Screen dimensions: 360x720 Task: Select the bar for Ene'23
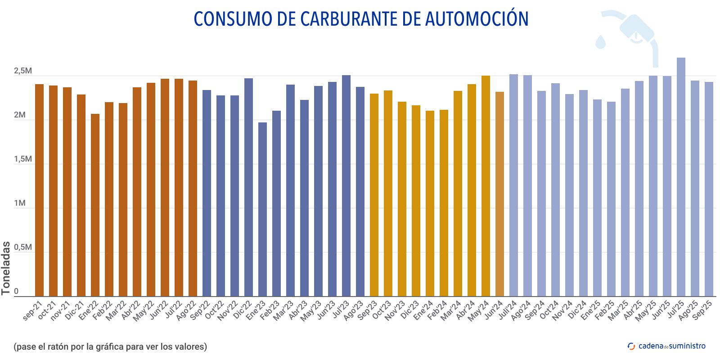pos(262,209)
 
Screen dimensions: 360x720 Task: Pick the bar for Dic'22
pos(248,187)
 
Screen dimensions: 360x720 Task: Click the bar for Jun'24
pos(499,193)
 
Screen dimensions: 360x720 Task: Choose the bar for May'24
pos(486,185)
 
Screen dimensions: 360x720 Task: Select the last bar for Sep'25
pos(709,189)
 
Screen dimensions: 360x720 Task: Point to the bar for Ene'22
pos(95,205)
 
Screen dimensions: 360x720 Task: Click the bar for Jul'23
pos(346,185)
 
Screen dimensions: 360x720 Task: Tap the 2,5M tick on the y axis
pos(22,71)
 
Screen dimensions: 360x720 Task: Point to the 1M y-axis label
pos(19,203)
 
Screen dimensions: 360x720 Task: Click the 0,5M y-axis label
pos(22,247)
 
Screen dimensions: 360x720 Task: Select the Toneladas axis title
pos(6,268)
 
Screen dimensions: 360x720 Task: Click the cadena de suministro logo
pos(666,346)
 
